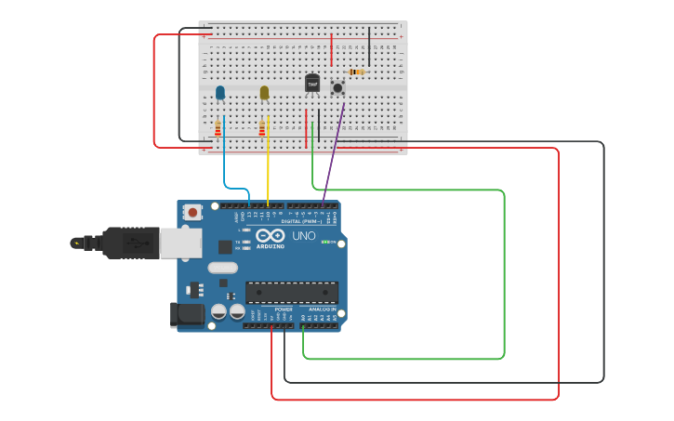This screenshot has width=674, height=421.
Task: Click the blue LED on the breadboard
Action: (x=220, y=92)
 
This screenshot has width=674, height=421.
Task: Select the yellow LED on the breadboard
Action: (x=264, y=92)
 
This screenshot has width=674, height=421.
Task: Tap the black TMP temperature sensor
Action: (x=312, y=84)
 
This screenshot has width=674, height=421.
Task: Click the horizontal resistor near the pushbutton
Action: (x=357, y=72)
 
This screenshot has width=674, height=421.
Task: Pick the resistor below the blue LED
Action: (x=218, y=128)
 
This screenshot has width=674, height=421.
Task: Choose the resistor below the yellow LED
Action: (x=262, y=128)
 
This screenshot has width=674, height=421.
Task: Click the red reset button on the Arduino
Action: (x=192, y=213)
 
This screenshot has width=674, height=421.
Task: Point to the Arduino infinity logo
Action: (x=271, y=236)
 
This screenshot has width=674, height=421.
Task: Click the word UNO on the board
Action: (x=304, y=236)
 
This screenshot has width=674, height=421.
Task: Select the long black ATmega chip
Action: (x=291, y=292)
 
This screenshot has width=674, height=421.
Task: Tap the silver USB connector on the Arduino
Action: (x=180, y=243)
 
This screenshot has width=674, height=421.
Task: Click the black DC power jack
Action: (x=188, y=315)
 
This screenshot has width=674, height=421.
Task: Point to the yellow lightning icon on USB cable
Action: (x=76, y=243)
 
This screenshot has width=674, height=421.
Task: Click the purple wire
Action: (x=333, y=155)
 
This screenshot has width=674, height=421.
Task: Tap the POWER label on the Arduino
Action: (x=271, y=309)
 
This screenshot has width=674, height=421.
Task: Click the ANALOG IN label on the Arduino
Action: (x=323, y=309)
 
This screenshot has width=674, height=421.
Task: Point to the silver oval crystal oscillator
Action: (x=223, y=268)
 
